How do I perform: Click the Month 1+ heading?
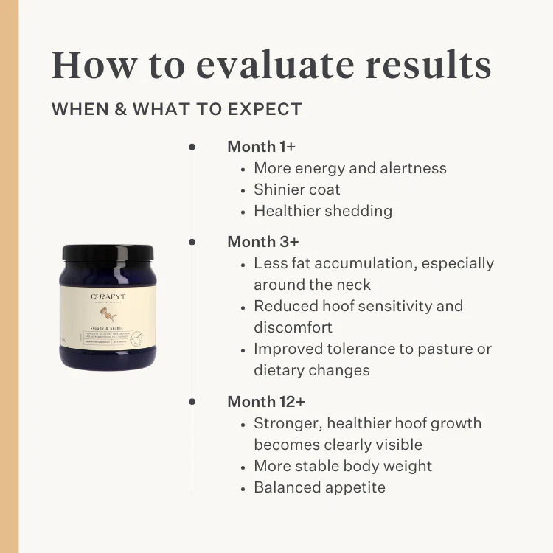point(261,146)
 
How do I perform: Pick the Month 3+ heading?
point(262,242)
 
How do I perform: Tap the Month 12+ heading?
point(266,402)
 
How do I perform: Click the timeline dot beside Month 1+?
point(192,147)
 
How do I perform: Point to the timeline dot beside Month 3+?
point(192,242)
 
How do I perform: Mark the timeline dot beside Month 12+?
point(192,402)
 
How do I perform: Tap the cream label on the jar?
point(108,316)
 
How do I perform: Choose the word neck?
point(354,285)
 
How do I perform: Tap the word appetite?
point(350,487)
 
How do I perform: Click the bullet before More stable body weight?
point(244,467)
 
